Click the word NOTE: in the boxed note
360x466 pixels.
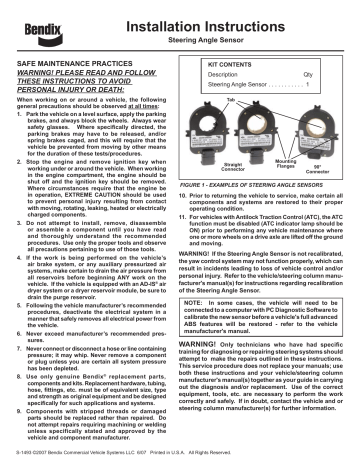tap(222, 335)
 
